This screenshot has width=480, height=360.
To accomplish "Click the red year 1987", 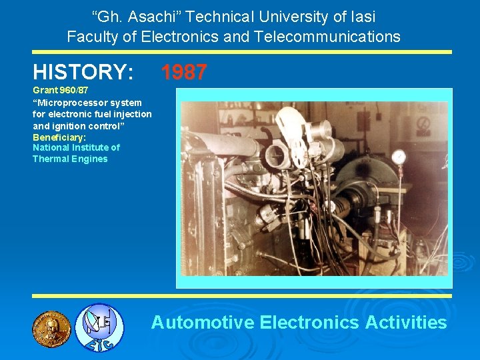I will pos(184,72).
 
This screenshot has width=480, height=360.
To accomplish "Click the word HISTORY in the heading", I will pos(83,72).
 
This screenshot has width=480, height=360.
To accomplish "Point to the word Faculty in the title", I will pos(93,37).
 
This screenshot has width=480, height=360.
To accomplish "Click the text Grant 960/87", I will pos(61,90).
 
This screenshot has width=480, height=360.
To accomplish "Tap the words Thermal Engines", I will pos(70,159).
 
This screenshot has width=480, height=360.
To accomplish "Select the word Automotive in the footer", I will pos(203,323).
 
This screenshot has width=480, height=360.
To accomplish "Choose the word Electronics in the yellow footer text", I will pos(310,323).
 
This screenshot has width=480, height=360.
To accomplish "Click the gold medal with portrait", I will pos(51,329).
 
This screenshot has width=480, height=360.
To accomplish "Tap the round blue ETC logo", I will pos(98,327).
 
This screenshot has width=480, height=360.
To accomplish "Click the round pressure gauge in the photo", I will pos(399,157).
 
